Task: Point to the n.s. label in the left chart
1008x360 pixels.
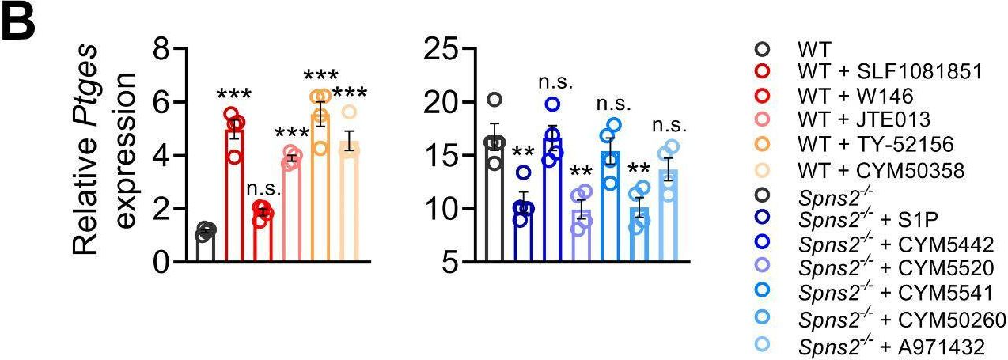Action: [x=262, y=188]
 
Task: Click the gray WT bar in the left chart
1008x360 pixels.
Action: [x=206, y=246]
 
